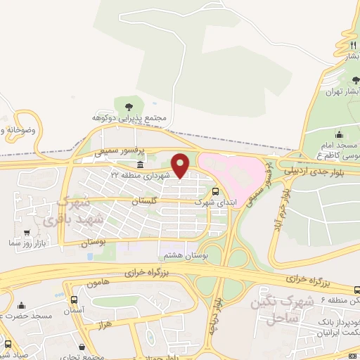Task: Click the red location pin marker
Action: [x=181, y=165]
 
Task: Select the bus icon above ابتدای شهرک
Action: [x=215, y=191]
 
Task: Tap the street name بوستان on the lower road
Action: [x=96, y=241]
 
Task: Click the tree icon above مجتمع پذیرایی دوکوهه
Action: [x=130, y=106]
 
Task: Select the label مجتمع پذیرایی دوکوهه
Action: [x=130, y=118]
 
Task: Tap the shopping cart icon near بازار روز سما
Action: [x=27, y=233]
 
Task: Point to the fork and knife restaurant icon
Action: [x=352, y=45]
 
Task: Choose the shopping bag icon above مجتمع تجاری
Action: [x=83, y=347]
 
